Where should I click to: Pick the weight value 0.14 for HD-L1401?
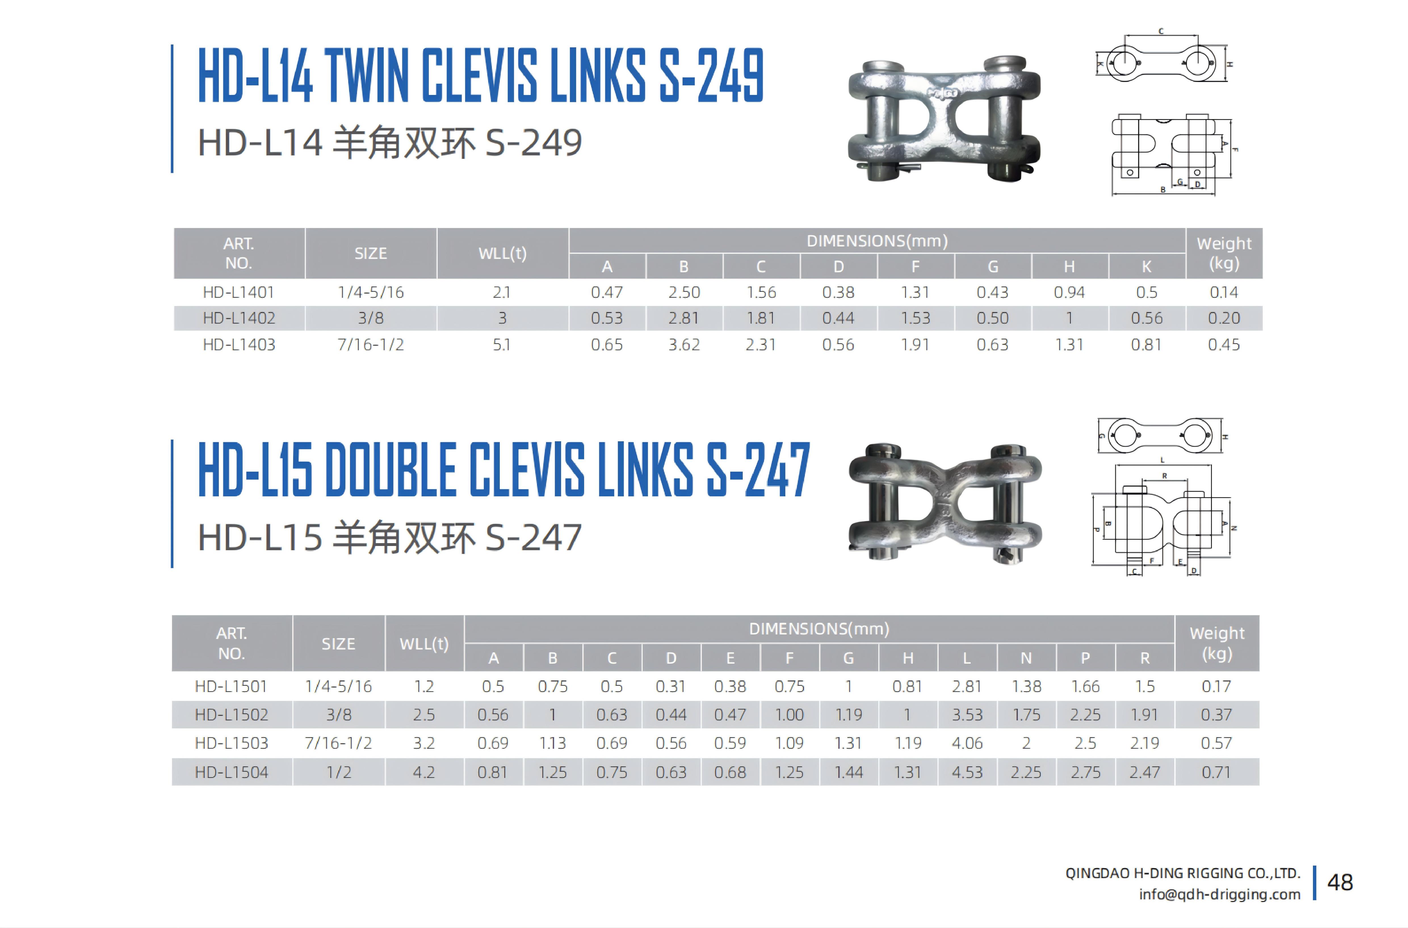pos(1223,292)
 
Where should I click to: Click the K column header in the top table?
pos(1146,267)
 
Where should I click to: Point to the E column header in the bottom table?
pos(730,658)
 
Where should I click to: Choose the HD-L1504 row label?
pos(232,772)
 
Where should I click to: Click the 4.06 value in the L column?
pos(967,743)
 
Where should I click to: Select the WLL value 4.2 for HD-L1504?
pos(424,772)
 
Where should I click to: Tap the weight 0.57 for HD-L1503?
pos(1216,743)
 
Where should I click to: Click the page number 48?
pos(1340,882)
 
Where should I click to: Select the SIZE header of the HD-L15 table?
pos(338,644)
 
